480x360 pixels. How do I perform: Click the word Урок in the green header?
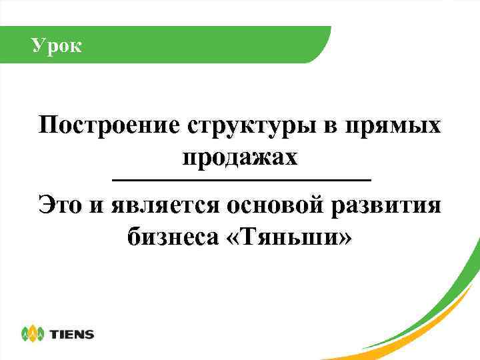click(x=57, y=45)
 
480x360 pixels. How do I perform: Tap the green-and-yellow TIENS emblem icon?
click(x=32, y=333)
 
